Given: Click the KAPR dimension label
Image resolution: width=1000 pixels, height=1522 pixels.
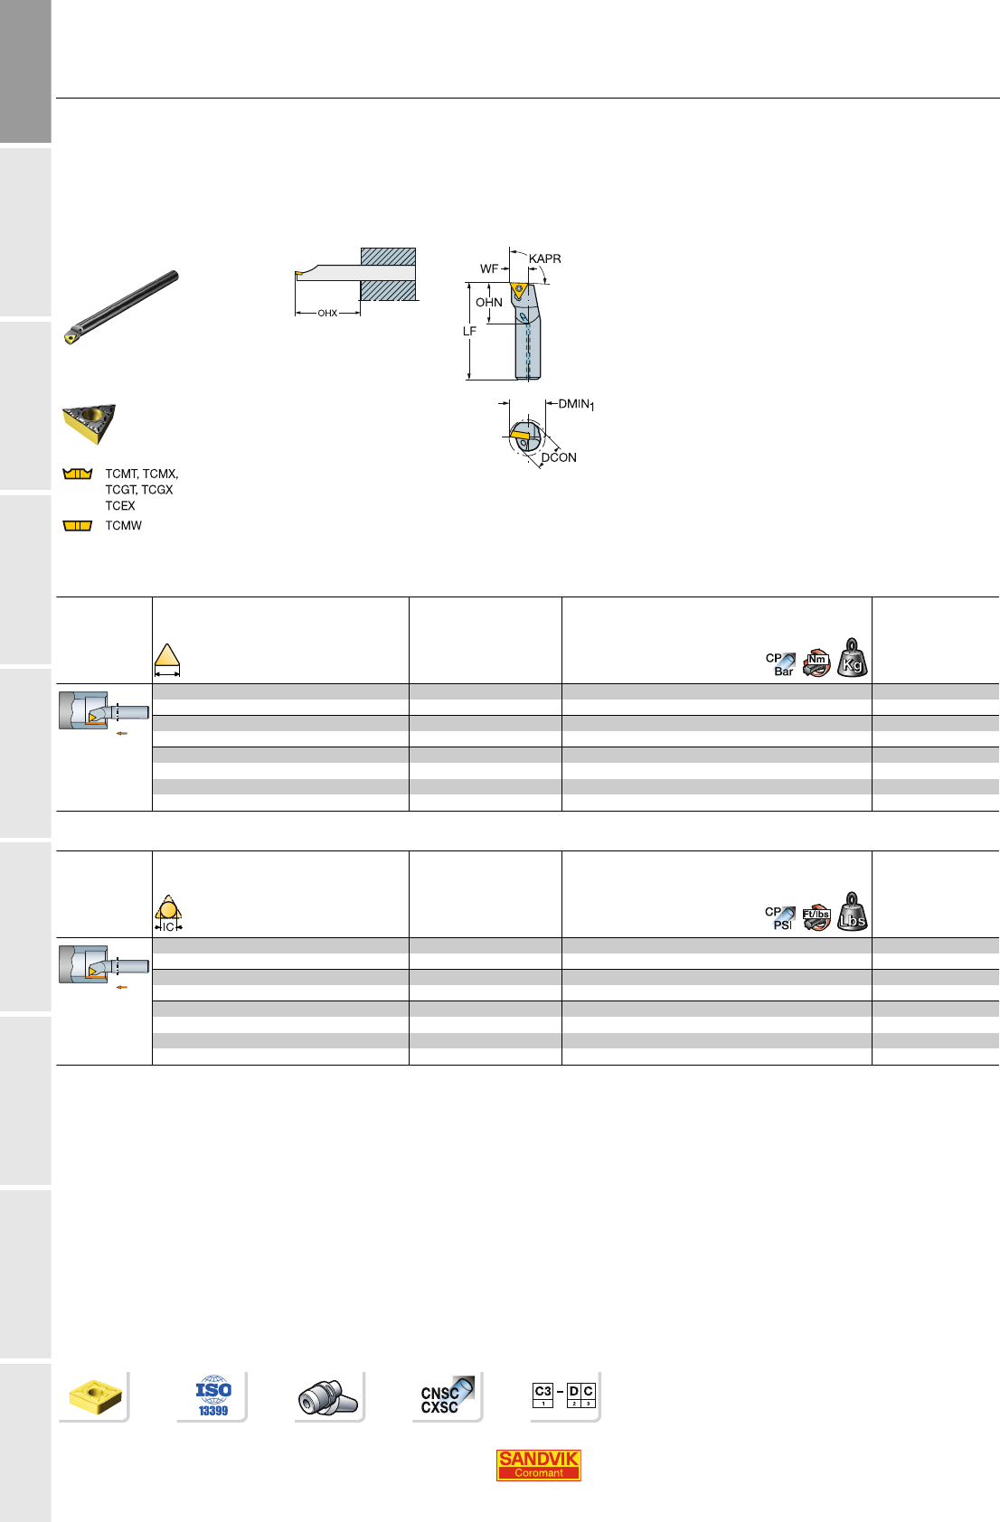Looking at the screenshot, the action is coord(544,258).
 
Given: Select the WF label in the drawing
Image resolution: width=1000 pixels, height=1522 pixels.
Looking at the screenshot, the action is coord(489,269).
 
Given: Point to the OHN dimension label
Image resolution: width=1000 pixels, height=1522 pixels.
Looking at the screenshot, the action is coord(489,303).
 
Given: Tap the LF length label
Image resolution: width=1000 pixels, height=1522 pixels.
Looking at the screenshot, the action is coord(470,332).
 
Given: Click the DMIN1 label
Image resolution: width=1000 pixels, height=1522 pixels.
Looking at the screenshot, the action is coord(576,404).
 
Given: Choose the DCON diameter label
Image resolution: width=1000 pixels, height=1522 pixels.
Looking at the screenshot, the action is coord(559,458).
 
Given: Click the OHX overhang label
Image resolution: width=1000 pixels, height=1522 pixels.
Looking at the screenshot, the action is coord(327,314).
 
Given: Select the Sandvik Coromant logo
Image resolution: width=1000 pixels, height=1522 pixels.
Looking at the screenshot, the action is coord(538,1465).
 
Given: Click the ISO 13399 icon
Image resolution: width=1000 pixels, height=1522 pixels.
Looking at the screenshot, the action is coord(213,1396).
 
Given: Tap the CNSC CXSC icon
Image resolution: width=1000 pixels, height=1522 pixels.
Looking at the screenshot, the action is coord(446,1396).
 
